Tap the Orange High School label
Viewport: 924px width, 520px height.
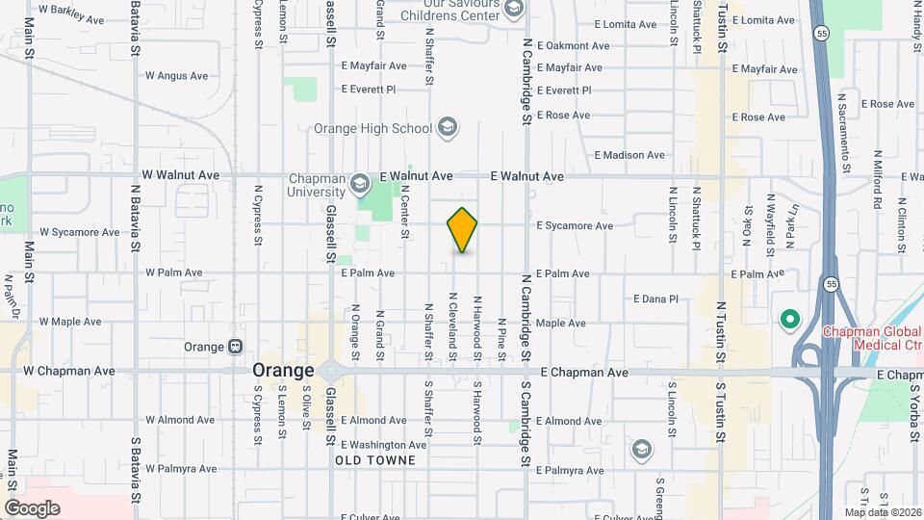[373, 128]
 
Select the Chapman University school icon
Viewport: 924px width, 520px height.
[359, 182]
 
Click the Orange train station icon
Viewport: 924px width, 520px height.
[236, 347]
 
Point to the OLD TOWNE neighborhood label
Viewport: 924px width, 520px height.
[375, 461]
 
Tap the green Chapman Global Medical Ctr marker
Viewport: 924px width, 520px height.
[789, 319]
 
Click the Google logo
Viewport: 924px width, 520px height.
[32, 507]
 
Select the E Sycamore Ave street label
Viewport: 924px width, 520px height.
[575, 226]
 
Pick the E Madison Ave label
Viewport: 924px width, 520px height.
[629, 155]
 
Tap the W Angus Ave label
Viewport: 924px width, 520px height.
[176, 75]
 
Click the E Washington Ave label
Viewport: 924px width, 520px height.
[383, 445]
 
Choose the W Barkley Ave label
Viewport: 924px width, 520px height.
[73, 15]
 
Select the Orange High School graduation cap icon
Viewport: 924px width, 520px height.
[447, 127]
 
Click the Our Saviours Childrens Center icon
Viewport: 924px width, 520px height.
[513, 10]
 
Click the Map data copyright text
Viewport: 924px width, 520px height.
[883, 512]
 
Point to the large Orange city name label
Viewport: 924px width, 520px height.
[283, 371]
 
